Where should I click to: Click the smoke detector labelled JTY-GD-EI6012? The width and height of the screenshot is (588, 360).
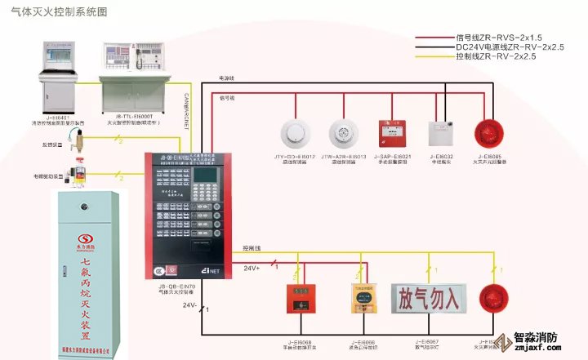tap(292, 131)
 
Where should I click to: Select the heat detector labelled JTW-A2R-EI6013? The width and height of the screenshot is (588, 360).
tap(343, 131)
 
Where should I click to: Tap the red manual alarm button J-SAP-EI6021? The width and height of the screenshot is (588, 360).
tap(389, 131)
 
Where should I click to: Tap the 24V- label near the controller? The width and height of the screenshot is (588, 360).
tap(189, 305)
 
